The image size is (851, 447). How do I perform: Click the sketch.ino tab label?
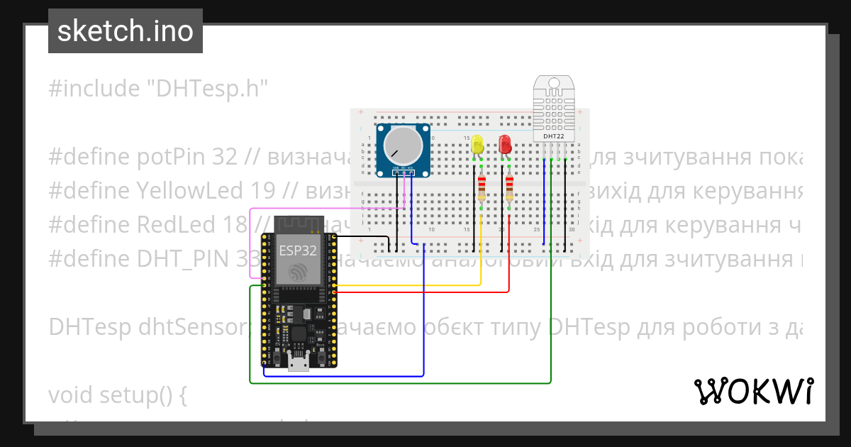click(125, 31)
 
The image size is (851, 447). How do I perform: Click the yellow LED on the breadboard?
click(477, 145)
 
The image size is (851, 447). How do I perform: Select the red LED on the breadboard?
click(505, 145)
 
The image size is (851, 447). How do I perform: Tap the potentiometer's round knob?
click(402, 145)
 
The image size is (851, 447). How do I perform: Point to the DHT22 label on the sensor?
click(554, 136)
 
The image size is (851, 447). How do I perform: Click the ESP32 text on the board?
click(298, 250)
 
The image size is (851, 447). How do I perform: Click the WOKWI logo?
click(752, 391)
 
